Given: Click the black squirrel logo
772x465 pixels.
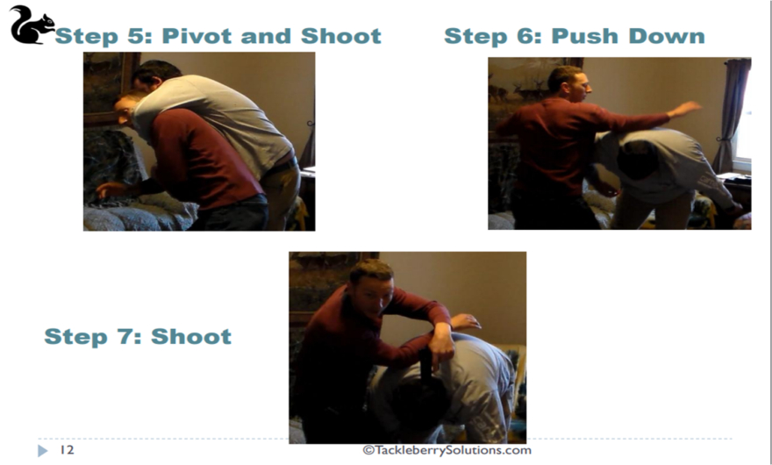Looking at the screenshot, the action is (31, 25).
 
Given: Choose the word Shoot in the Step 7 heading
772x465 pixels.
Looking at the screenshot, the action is (191, 336).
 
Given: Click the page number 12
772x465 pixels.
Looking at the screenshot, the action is (67, 450).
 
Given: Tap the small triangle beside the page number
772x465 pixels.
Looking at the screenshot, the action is (43, 450).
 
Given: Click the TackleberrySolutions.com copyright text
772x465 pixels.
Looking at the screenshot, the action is (447, 450).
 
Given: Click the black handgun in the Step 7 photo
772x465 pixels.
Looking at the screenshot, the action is (425, 363).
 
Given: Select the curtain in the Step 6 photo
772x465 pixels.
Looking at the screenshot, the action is (732, 114).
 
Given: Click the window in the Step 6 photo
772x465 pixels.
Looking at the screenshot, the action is (743, 118).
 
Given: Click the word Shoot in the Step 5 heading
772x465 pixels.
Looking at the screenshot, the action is (341, 36).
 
